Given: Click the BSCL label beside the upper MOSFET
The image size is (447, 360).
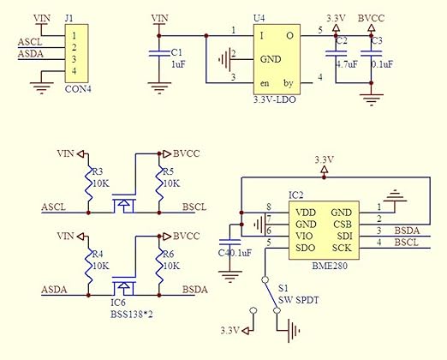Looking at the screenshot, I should (194, 207).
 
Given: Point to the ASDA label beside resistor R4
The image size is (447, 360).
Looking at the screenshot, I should (55, 290).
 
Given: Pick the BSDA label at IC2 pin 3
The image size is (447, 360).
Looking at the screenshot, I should (408, 230).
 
